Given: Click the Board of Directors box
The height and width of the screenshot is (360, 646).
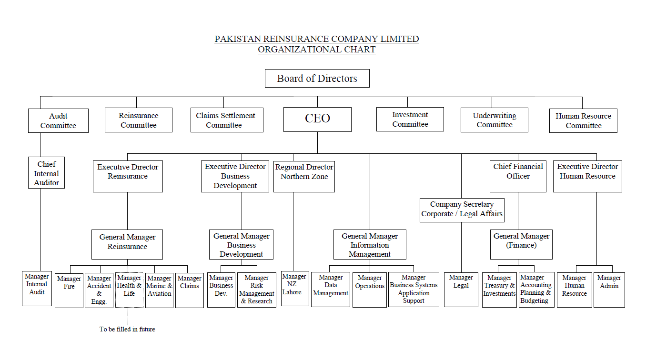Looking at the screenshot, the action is point(317,78).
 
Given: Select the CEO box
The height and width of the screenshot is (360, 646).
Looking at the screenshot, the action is point(317,120).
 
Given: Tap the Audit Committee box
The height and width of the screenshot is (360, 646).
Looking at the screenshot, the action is point(58,120).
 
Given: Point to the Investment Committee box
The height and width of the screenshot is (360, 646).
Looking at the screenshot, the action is point(410,120).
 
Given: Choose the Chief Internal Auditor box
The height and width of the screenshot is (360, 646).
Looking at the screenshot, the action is point(46,173).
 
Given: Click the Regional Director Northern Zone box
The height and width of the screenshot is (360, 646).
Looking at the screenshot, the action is point(304,176).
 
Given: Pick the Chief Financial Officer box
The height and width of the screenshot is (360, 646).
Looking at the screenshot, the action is point(518,176).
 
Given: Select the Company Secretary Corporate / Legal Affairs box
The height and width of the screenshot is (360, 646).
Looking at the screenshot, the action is point(462,210).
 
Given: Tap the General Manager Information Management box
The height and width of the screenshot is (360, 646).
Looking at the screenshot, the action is point(370,244).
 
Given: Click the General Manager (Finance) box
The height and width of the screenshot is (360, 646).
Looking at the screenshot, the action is point(521,244).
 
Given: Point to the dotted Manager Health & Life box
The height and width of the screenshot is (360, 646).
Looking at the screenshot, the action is point(129,290).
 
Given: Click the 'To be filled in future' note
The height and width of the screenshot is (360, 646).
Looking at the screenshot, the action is point(127,329).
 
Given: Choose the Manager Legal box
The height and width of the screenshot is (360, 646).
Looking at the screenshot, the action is point(461,290).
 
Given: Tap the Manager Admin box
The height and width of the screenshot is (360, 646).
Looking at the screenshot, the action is point(609,290).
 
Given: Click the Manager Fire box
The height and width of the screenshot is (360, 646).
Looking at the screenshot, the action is point(69,290).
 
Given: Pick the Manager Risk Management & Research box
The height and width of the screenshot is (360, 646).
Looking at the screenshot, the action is point(256,290).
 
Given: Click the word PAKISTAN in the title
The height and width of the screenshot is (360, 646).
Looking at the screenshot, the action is point(238,39).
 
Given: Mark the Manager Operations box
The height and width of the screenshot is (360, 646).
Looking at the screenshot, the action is point(369,290).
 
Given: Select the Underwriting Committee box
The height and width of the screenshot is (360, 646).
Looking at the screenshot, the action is point(495,120).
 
